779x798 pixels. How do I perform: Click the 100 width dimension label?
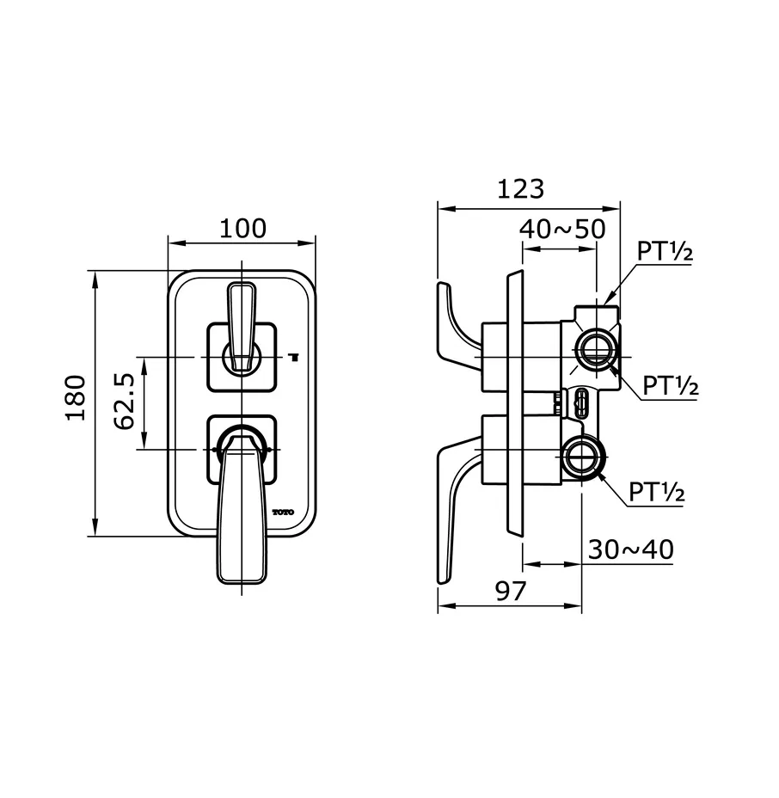pos(242,229)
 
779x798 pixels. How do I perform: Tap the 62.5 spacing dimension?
pos(126,402)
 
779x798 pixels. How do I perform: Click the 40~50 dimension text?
pos(563,229)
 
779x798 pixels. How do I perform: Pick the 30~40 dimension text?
pos(630,549)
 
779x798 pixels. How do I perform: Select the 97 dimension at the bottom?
pos(511,591)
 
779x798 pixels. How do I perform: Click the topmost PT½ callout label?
pos(665,252)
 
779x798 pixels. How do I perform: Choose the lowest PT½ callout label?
pos(656,493)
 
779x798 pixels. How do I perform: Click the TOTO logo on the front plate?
pos(283,513)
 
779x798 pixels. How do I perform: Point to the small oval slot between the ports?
pos(580,400)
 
